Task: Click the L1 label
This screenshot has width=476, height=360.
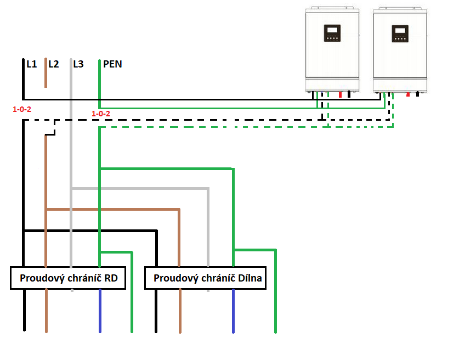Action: point(31,64)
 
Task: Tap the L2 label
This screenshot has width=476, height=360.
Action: point(54,64)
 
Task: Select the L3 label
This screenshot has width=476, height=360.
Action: point(78,64)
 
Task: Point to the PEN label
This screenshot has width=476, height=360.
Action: point(112,64)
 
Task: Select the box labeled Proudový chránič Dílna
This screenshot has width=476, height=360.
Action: point(205,278)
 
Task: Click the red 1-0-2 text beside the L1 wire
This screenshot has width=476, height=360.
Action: point(22,109)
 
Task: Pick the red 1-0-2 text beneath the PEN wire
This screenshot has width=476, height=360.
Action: point(101,114)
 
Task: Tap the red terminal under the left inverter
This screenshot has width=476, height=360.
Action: point(340,95)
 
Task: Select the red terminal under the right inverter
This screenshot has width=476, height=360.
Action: point(408,95)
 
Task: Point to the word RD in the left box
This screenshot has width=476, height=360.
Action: point(110,278)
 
